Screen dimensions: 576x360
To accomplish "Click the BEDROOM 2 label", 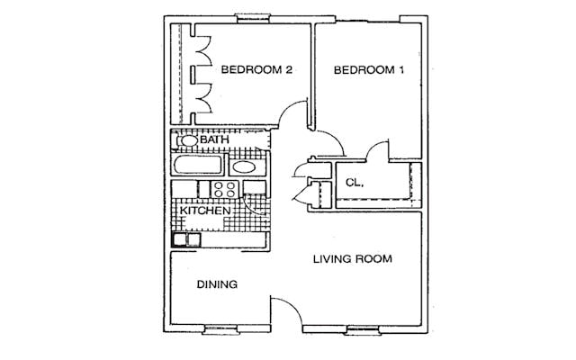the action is pos(256,69).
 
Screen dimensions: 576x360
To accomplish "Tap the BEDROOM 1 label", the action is pos(369,70).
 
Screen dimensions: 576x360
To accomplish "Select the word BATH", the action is pos(214,139).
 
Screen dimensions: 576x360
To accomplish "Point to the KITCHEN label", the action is pos(205,211).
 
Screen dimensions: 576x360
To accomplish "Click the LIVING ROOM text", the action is pos(353,259).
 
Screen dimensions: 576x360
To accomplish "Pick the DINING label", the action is pos(217,284).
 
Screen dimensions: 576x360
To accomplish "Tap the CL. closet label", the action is pos(355,183).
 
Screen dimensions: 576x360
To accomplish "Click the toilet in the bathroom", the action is pos(187,140).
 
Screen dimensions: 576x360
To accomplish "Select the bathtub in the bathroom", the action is pos(198,164).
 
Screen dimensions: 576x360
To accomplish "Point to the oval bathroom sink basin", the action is pos(244,167).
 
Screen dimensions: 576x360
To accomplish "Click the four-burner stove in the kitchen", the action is pos(225,189).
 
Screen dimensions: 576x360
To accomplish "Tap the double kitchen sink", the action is pos(186,239).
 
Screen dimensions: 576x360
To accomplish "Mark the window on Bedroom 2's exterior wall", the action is pos(252,18).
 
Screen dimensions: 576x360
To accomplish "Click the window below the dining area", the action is pos(220,329).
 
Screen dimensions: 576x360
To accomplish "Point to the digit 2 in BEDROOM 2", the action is pos(289,69).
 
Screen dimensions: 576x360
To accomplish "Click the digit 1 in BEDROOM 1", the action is pos(401,70).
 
